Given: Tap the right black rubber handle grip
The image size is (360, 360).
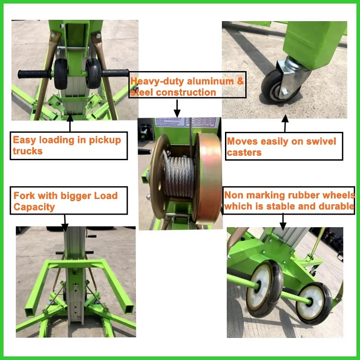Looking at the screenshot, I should [117, 72].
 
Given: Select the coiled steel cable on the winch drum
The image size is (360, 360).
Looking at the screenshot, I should [179, 176].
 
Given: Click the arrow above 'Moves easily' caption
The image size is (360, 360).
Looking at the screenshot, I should [284, 124].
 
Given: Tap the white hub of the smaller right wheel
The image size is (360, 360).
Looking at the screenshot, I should [311, 301].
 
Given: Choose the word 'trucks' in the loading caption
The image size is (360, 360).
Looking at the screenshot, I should [27, 151].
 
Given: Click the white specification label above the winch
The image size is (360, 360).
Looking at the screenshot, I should [187, 124].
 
